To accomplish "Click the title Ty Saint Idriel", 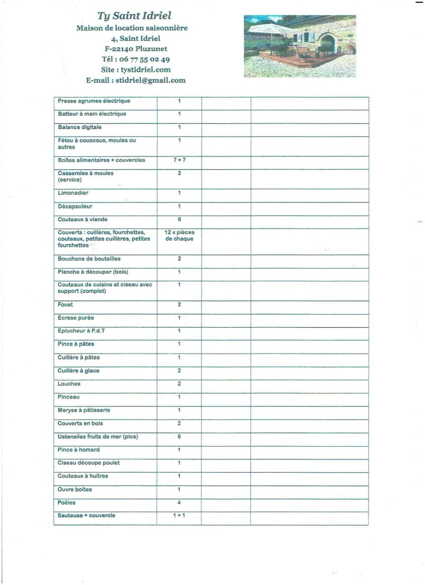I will [x=134, y=16].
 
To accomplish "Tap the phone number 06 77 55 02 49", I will [x=144, y=59].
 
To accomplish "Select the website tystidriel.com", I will [x=146, y=70].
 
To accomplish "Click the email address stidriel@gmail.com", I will [x=150, y=80].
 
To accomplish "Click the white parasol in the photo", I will [x=271, y=29].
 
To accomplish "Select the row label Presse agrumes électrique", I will [x=94, y=101].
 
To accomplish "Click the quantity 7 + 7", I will [x=180, y=160].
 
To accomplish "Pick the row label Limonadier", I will [x=73, y=193].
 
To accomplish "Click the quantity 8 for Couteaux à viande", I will [x=180, y=219].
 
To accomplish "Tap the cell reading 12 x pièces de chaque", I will [x=180, y=236].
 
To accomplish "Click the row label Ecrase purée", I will [x=76, y=318].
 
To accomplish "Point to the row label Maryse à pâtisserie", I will [x=84, y=410].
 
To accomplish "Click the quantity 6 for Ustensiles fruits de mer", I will [x=179, y=437].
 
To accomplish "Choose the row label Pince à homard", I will [x=78, y=450].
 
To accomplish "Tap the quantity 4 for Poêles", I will [x=179, y=503].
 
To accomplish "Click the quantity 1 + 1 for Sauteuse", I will [x=179, y=516].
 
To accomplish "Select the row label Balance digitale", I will [x=80, y=127].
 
